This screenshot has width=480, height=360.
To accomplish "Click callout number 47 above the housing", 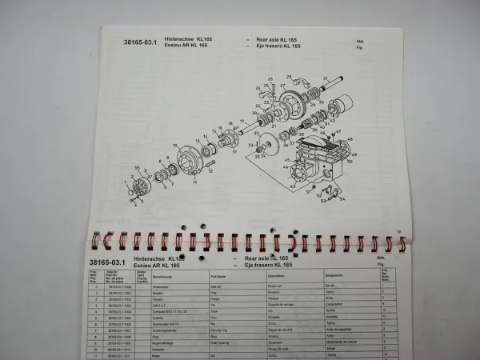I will (337, 130).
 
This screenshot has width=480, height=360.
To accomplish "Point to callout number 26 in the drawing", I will (270, 79).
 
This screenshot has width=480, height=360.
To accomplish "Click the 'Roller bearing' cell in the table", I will (221, 342).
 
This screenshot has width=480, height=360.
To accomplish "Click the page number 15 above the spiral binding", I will (398, 233).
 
